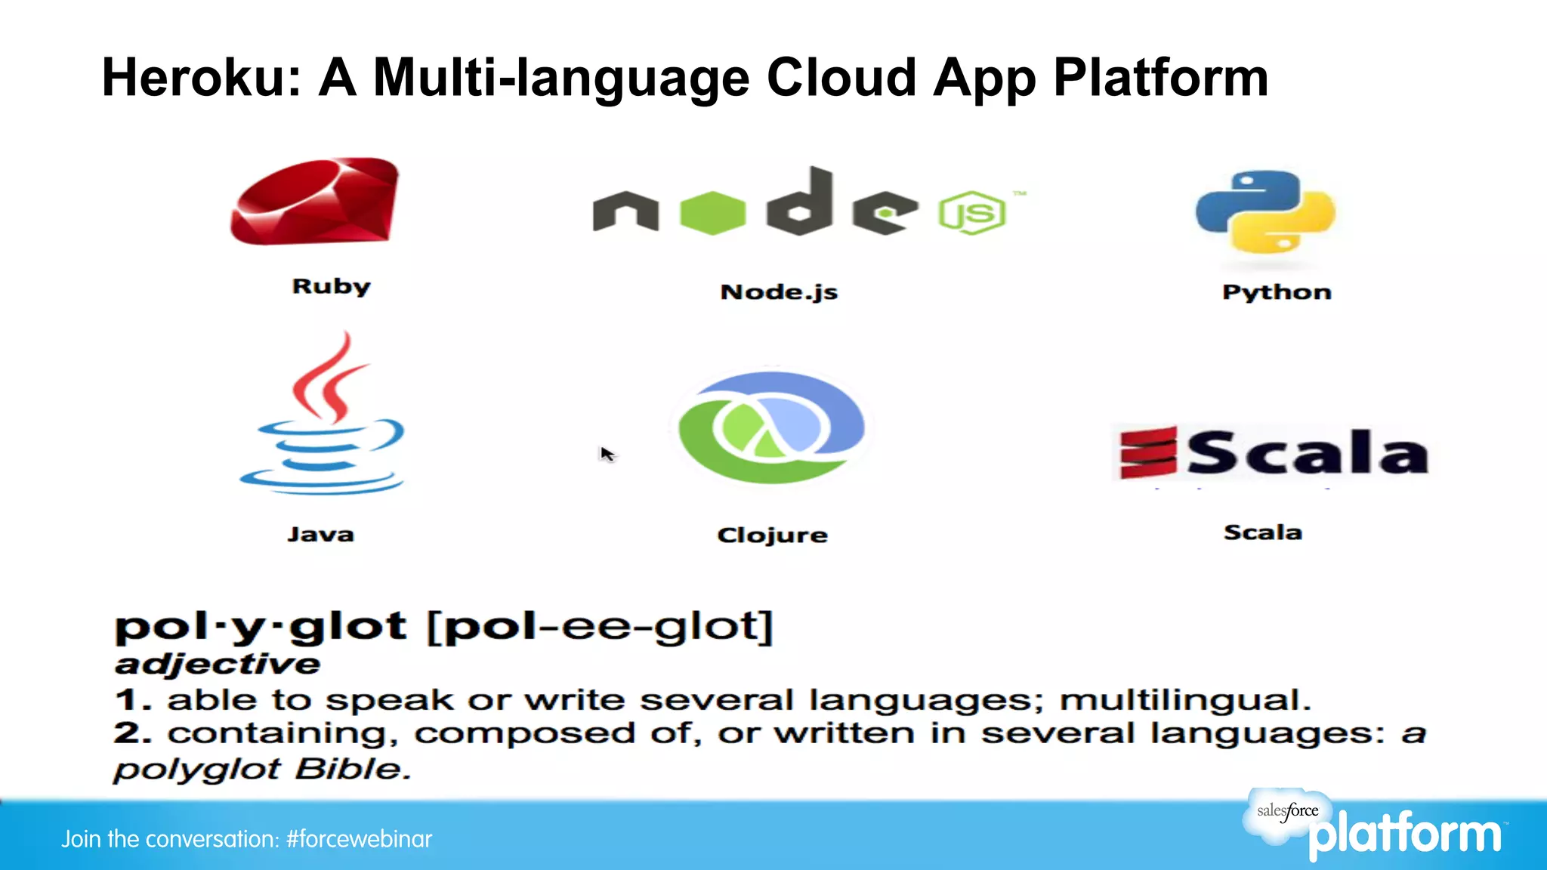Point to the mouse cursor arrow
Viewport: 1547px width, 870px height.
pos(607,453)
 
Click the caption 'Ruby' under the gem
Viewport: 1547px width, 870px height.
pos(331,286)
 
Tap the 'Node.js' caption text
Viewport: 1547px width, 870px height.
pos(779,292)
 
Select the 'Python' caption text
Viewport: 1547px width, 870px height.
pos(1277,292)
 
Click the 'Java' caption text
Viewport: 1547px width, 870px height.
pos(320,535)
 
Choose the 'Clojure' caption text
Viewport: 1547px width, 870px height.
pos(772,535)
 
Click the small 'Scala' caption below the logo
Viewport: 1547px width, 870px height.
pos(1262,532)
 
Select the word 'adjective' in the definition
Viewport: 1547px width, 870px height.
pos(218,664)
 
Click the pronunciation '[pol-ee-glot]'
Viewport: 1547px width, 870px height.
pos(601,627)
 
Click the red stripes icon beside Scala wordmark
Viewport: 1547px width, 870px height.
pos(1147,452)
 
